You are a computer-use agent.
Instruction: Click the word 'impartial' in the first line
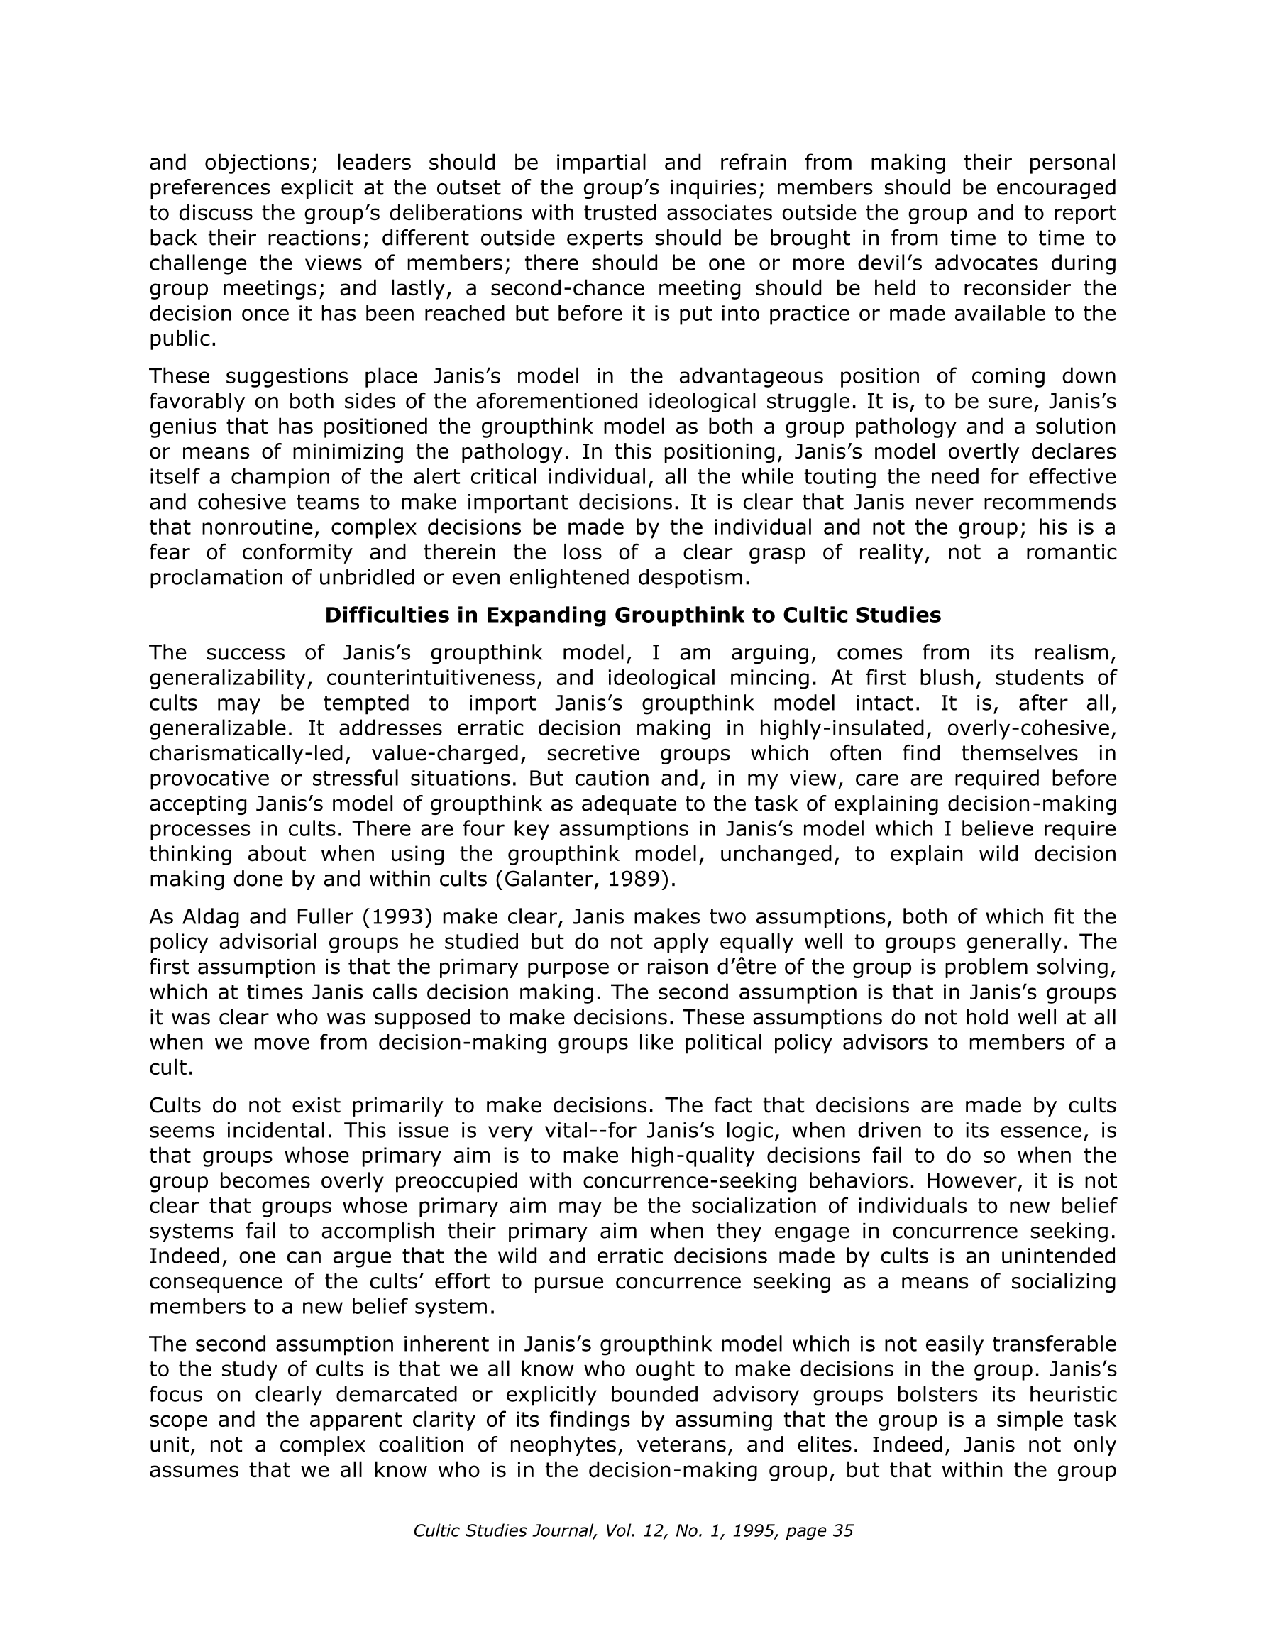[x=601, y=162]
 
